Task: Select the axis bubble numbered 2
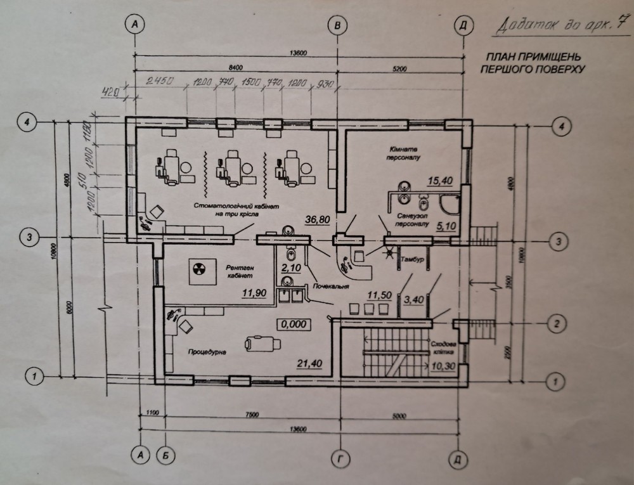click(557, 324)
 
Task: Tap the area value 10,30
click(444, 366)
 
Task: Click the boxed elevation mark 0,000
click(292, 323)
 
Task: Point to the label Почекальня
click(330, 287)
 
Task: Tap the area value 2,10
click(290, 268)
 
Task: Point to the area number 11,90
click(253, 294)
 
